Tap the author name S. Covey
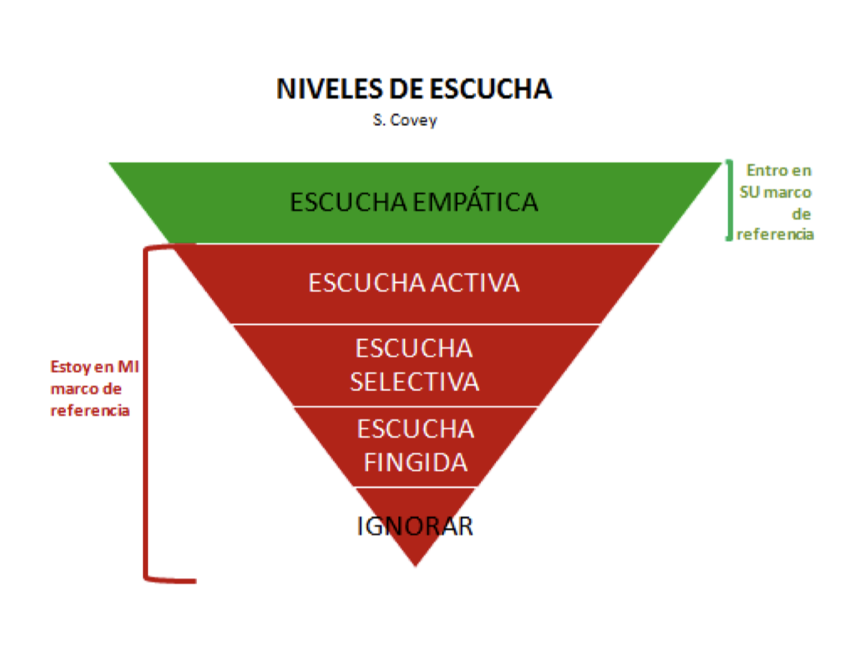pyautogui.click(x=405, y=120)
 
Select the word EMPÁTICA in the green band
pyautogui.click(x=475, y=202)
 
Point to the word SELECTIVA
pyautogui.click(x=414, y=382)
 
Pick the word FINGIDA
pyautogui.click(x=416, y=463)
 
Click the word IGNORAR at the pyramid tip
pyautogui.click(x=415, y=526)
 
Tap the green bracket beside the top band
pyautogui.click(x=730, y=200)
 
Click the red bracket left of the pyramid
pyautogui.click(x=146, y=412)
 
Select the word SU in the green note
pyautogui.click(x=749, y=192)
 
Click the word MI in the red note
pyautogui.click(x=128, y=367)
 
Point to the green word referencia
pyautogui.click(x=775, y=234)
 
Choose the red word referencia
pyautogui.click(x=90, y=411)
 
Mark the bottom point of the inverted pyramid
pyautogui.click(x=416, y=566)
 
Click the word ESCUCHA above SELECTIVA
pyautogui.click(x=414, y=349)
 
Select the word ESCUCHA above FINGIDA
pyautogui.click(x=416, y=430)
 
